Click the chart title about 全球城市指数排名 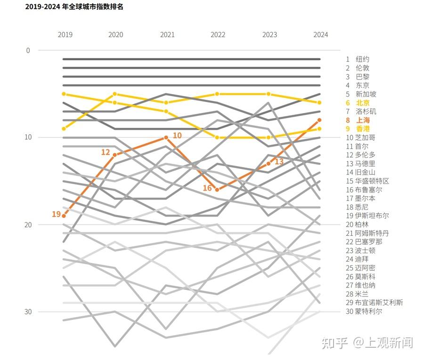click(x=74, y=7)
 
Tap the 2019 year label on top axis click(x=65, y=35)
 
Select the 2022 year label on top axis click(x=218, y=35)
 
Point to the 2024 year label click(x=321, y=35)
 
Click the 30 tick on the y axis click(x=28, y=312)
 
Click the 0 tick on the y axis click(x=28, y=50)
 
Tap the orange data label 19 click(x=56, y=215)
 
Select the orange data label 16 click(x=208, y=188)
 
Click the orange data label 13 click(x=279, y=161)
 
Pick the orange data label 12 click(x=106, y=152)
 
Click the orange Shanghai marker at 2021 click(x=166, y=137)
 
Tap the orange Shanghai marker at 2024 click(x=320, y=120)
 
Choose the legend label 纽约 click(x=363, y=59)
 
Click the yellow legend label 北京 click(x=363, y=103)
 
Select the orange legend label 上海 click(x=363, y=120)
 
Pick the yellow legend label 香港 click(x=363, y=129)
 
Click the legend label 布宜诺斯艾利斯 click(x=379, y=303)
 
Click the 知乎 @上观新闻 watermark click(x=367, y=343)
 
